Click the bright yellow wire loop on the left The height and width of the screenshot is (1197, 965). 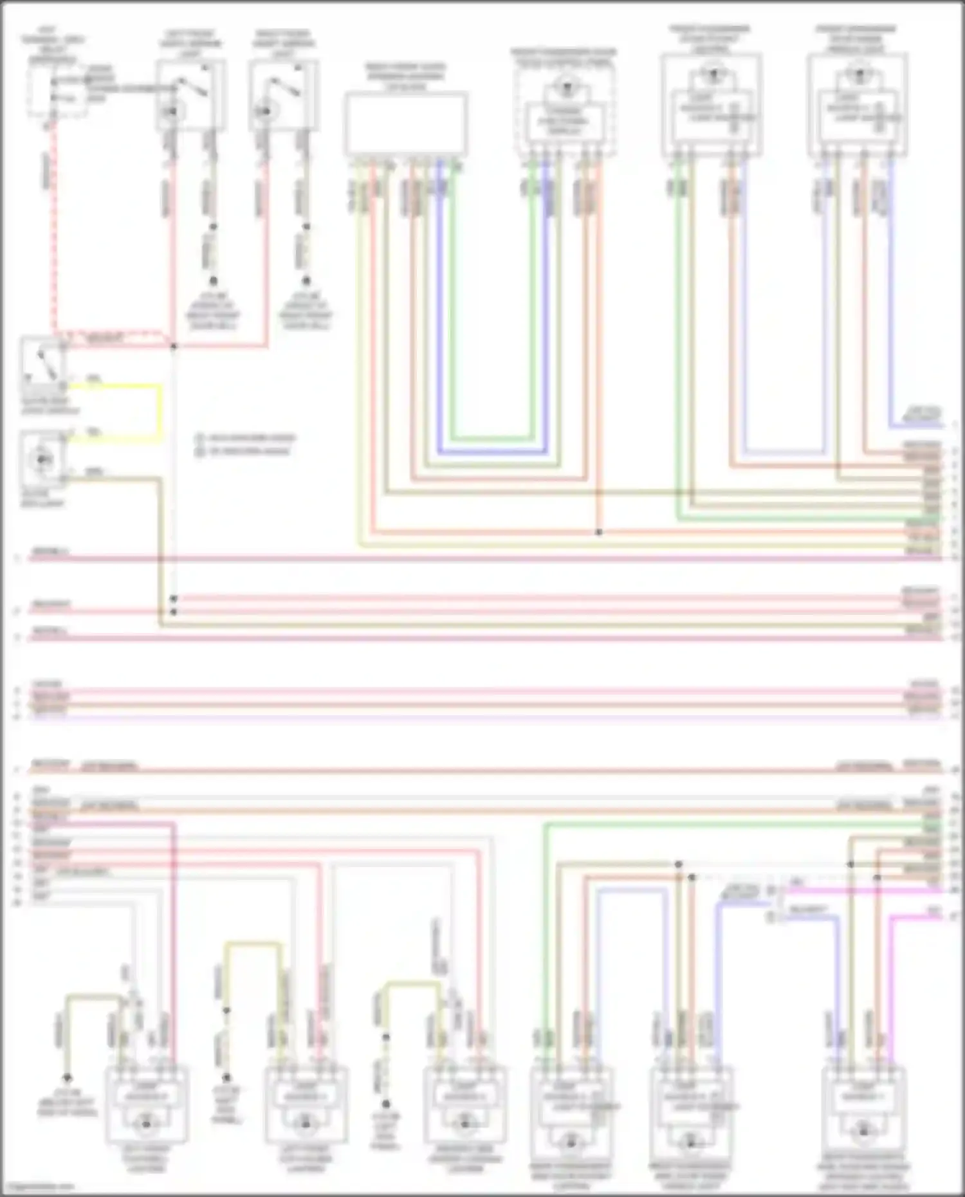pyautogui.click(x=160, y=412)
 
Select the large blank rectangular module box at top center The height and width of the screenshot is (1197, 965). pyautogui.click(x=406, y=123)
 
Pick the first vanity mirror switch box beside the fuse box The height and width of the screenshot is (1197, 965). pyautogui.click(x=190, y=95)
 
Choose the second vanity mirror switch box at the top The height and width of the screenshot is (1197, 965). pyautogui.click(x=284, y=95)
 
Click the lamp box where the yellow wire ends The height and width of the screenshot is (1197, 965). pyautogui.click(x=42, y=459)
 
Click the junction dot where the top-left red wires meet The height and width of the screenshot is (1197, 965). pyautogui.click(x=174, y=347)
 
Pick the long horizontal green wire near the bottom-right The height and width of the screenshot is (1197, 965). pyautogui.click(x=733, y=824)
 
